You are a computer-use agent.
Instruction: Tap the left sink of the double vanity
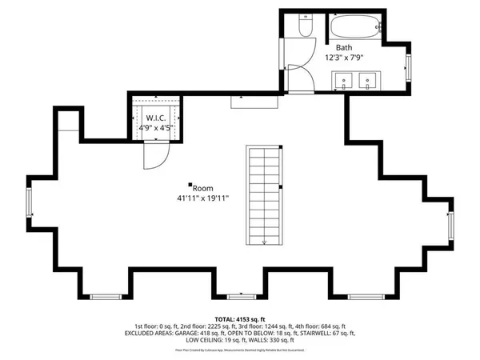pyautogui.click(x=346, y=79)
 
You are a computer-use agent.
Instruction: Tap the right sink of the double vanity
pyautogui.click(x=369, y=79)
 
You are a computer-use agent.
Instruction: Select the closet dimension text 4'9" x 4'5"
pyautogui.click(x=157, y=126)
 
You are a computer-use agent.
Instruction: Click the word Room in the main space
pyautogui.click(x=202, y=188)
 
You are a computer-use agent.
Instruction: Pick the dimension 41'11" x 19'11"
pyautogui.click(x=203, y=198)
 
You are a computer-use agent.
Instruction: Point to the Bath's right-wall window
pyautogui.click(x=408, y=62)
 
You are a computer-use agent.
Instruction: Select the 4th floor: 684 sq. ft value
pyautogui.click(x=324, y=326)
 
